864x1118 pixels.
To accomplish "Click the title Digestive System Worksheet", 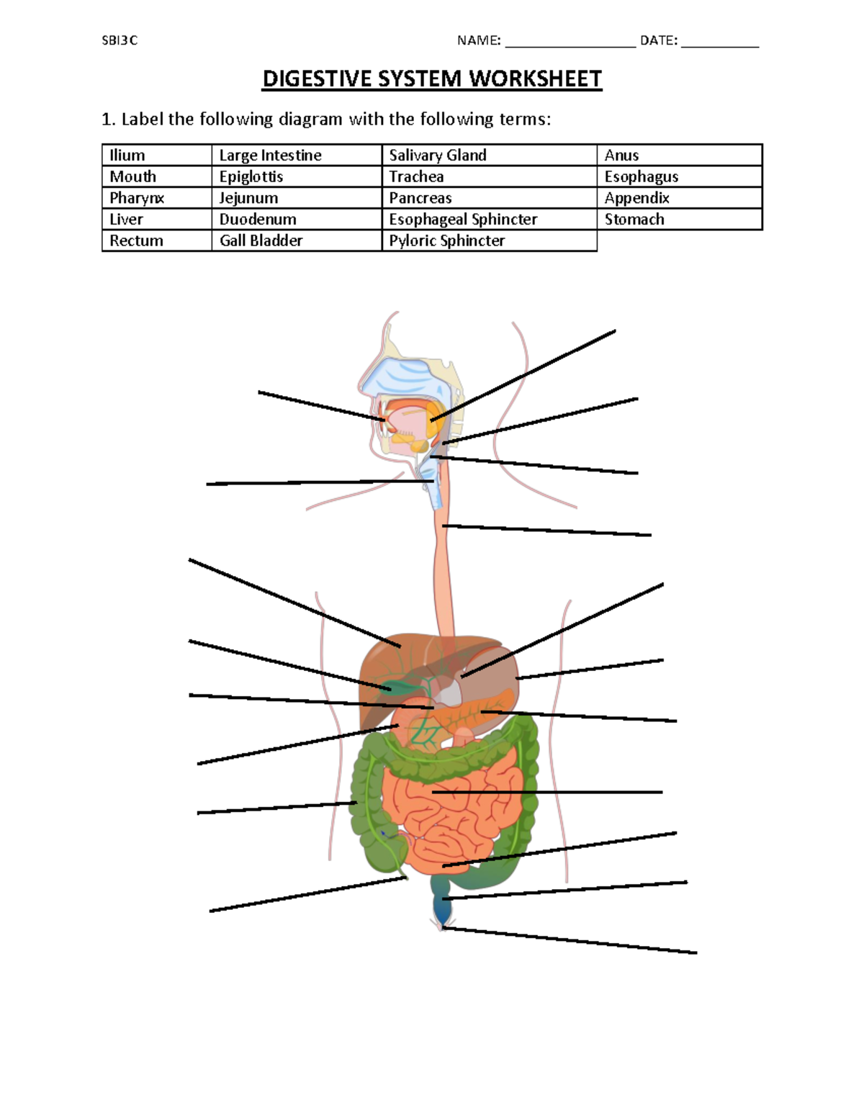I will pyautogui.click(x=432, y=79).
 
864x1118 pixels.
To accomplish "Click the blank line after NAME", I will pyautogui.click(x=570, y=42).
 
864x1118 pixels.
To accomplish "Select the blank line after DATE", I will pyautogui.click(x=720, y=42).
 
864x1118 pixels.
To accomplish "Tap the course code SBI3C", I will pyautogui.click(x=120, y=41).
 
